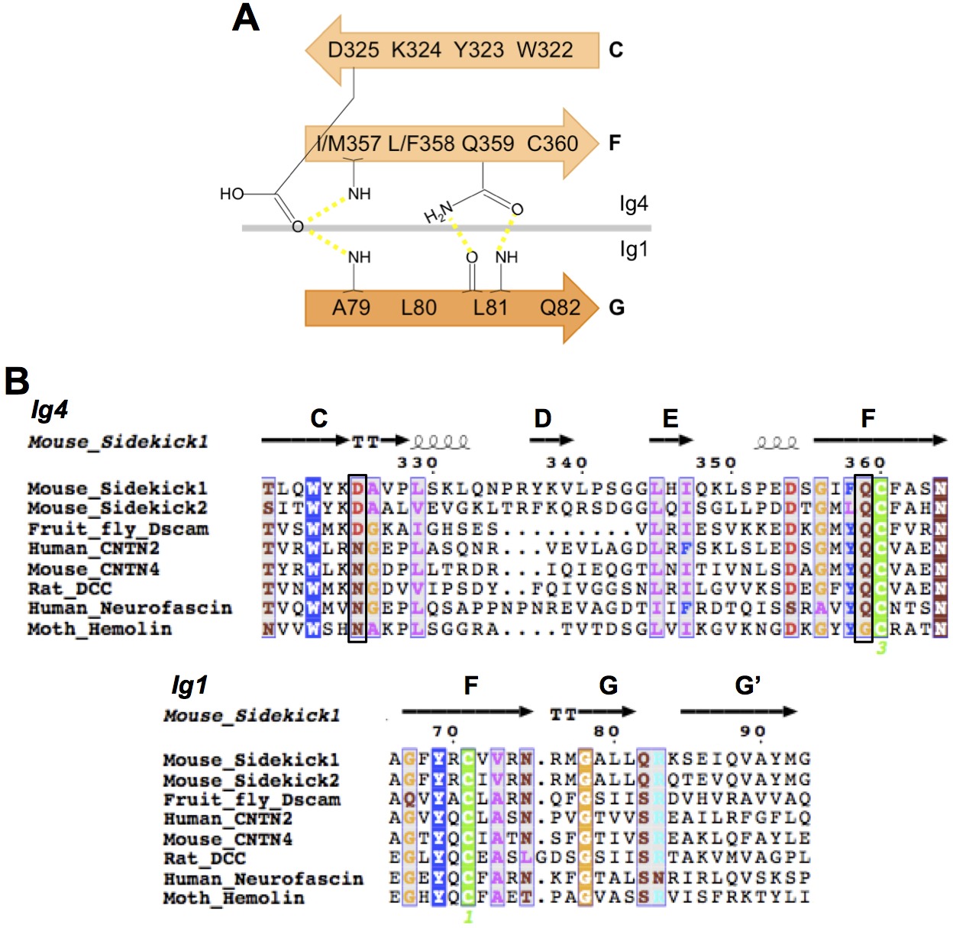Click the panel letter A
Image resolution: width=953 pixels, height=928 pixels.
coord(246,18)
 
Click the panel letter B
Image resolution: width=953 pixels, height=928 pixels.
coord(17,381)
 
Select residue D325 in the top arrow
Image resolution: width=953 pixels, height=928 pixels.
coord(353,50)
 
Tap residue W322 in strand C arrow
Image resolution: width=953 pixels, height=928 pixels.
coord(544,50)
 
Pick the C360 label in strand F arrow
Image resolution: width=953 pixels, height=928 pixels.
coord(552,143)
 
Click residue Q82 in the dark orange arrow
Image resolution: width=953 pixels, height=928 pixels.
coord(560,308)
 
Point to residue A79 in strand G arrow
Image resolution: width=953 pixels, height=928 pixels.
coord(351,308)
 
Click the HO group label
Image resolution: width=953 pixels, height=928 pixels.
coord(231,194)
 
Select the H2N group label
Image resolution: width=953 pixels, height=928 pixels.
coord(438,214)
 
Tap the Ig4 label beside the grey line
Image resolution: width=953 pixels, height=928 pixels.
coord(634,204)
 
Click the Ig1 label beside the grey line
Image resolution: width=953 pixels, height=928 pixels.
coord(634,250)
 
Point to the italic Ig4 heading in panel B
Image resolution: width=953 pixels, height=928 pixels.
coord(50,411)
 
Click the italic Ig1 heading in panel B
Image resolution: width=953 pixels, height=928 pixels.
coord(189,685)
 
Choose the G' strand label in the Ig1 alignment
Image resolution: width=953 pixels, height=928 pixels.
coord(748,685)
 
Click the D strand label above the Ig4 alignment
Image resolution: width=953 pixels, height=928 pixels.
coord(542,418)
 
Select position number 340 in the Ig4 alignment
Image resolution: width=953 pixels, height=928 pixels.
coord(567,462)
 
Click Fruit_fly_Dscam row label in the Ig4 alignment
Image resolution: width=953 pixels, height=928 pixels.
coord(118,529)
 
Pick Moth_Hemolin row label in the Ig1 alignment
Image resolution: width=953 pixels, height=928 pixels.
coord(233,898)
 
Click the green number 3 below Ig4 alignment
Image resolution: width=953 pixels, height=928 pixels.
coord(881,648)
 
